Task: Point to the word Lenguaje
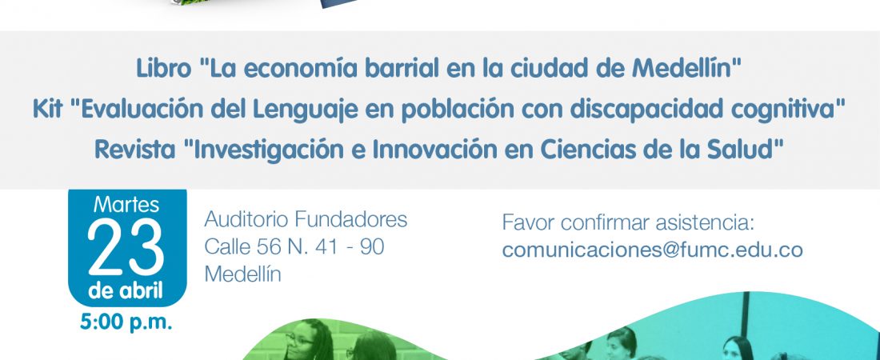click(x=305, y=110)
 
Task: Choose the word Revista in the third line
click(x=134, y=150)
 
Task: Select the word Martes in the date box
click(x=126, y=205)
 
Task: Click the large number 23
click(x=126, y=246)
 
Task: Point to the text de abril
click(x=126, y=291)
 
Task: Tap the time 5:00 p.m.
click(x=126, y=322)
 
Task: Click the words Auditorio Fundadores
click(x=306, y=219)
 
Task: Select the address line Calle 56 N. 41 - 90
click(x=294, y=246)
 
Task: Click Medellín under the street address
click(x=242, y=274)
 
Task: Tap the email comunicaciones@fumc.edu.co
click(x=652, y=250)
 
